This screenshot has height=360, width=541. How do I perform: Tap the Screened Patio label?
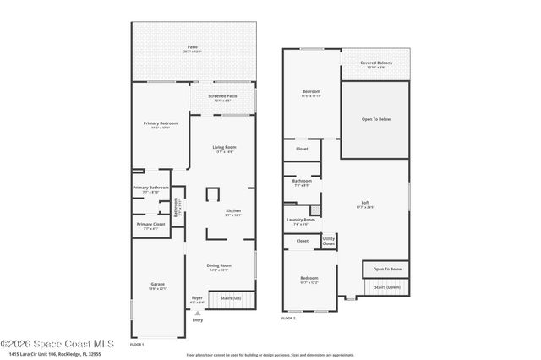(x=222, y=96)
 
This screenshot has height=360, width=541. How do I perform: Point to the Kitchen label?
(x=233, y=210)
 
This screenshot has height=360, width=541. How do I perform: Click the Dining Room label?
(x=219, y=265)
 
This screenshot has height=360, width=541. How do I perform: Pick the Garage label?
(x=157, y=283)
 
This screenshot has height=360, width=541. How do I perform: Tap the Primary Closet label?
(x=151, y=224)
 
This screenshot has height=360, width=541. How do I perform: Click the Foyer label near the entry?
(x=197, y=297)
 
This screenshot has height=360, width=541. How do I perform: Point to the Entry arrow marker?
(x=198, y=313)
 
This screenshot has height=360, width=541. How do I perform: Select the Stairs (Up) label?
(x=231, y=297)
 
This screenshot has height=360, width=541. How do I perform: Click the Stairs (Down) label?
(x=386, y=287)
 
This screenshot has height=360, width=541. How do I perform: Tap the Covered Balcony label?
(x=375, y=62)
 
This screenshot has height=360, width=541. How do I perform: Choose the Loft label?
(x=365, y=203)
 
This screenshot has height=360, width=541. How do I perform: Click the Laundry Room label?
(x=301, y=220)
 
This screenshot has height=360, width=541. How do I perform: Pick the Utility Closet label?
(x=328, y=241)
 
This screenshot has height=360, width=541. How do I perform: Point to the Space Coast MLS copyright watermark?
(x=57, y=343)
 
